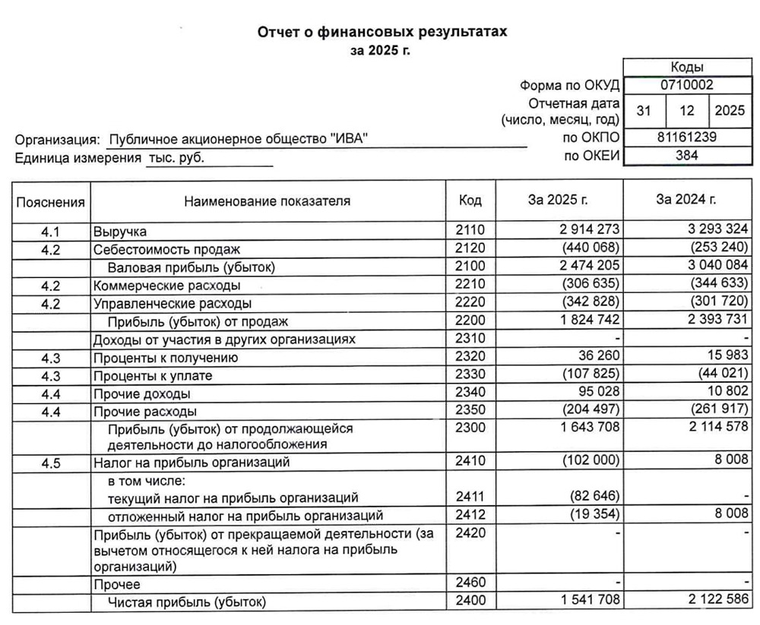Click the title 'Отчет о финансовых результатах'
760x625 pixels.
point(382,33)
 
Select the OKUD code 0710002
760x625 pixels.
point(686,86)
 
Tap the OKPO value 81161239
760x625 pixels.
point(686,137)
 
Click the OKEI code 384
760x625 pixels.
point(686,156)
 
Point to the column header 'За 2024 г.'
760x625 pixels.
point(686,200)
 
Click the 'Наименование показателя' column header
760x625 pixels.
point(267,201)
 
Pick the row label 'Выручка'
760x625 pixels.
point(119,232)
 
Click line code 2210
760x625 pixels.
point(470,286)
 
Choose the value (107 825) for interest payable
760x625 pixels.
point(588,376)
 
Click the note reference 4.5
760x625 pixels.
point(50,462)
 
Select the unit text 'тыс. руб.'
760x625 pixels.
point(176,158)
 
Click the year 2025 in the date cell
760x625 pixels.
point(730,111)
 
